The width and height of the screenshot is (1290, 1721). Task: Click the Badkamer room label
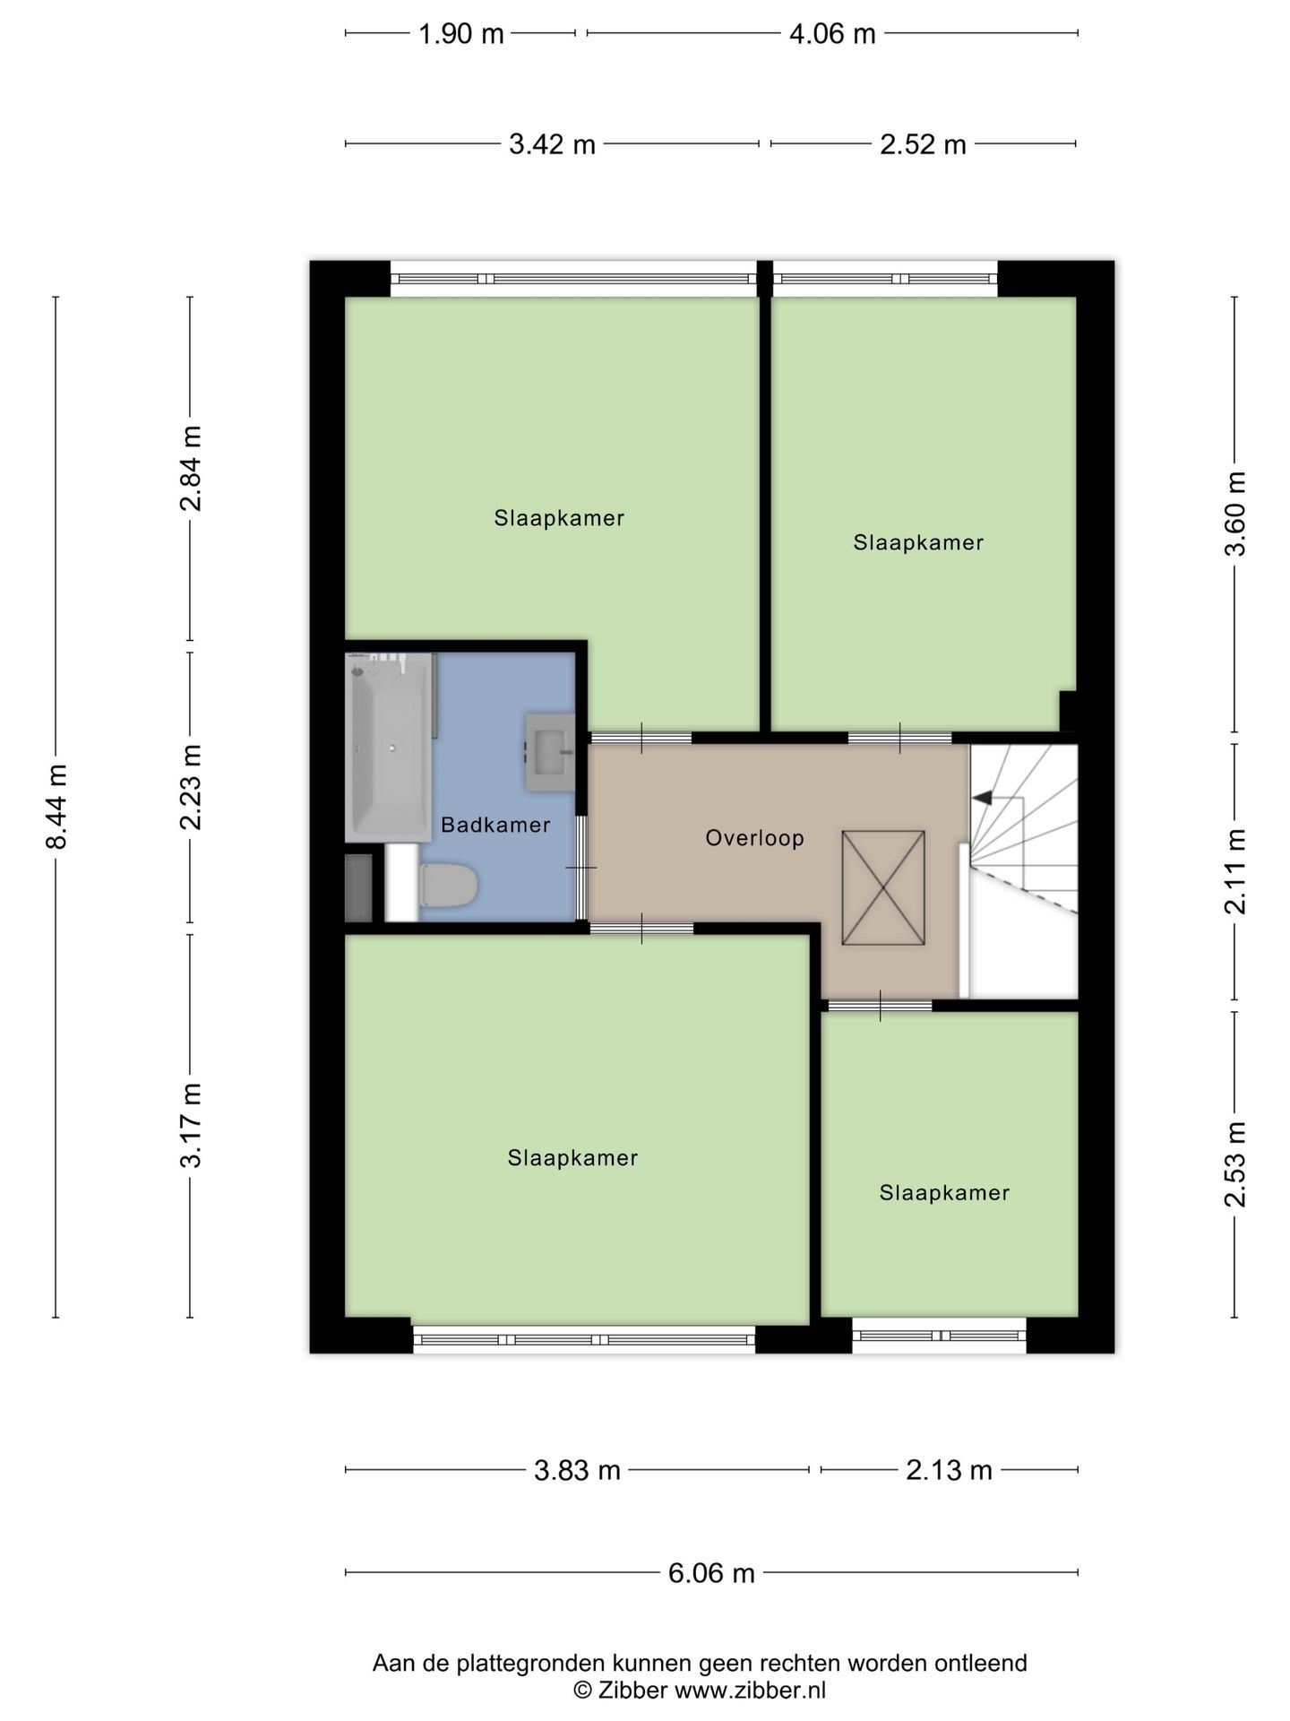point(495,825)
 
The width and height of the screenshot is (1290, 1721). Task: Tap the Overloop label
point(754,838)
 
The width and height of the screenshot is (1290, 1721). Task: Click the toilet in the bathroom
point(448,886)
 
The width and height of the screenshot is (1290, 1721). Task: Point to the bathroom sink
point(548,752)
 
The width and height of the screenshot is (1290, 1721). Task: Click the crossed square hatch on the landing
point(883,887)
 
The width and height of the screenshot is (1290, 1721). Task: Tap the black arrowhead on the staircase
point(982,797)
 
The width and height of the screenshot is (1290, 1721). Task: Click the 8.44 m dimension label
point(56,807)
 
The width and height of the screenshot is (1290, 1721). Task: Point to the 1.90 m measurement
point(461,34)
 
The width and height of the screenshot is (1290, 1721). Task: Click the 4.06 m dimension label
point(832,34)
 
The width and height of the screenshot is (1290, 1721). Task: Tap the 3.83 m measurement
point(577,1471)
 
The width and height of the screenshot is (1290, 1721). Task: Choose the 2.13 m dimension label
point(949,1471)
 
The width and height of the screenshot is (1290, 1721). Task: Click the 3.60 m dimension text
point(1235,514)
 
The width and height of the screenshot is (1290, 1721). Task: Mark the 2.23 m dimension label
point(190,787)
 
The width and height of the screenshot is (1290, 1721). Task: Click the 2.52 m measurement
point(923,144)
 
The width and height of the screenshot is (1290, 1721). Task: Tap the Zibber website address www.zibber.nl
point(750,1691)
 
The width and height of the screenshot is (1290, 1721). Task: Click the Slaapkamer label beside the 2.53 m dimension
point(944,1193)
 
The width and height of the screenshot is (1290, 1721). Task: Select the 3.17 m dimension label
point(190,1126)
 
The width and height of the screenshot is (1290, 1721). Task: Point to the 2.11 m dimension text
point(1235,871)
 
